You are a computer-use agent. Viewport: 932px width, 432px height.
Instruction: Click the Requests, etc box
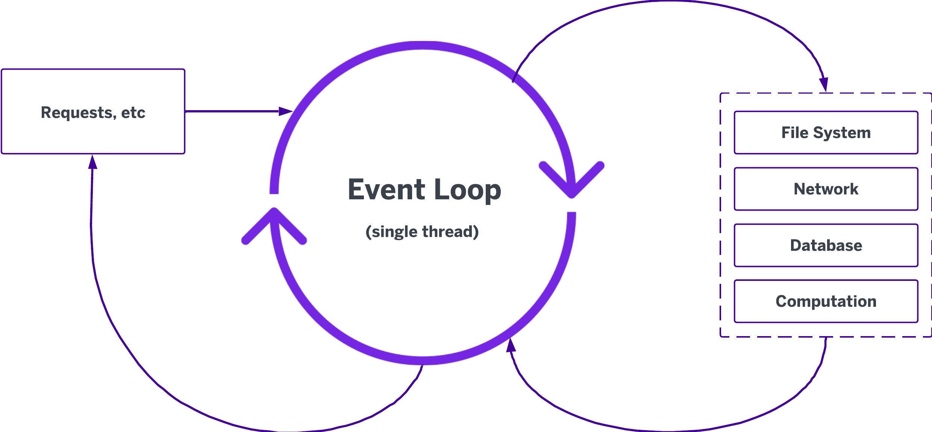pos(93,111)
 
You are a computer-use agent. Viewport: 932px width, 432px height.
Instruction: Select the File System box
pos(826,132)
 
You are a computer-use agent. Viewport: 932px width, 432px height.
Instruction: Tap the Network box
pos(826,189)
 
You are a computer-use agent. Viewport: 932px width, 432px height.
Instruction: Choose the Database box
pos(826,245)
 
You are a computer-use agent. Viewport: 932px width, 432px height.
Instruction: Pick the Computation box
pos(826,301)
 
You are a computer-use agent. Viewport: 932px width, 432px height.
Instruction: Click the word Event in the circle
pos(386,189)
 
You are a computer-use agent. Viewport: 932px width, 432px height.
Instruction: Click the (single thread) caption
pos(422,232)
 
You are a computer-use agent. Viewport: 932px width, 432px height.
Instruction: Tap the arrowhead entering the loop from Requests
pos(286,111)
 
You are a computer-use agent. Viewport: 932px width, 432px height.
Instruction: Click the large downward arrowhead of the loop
pos(571,180)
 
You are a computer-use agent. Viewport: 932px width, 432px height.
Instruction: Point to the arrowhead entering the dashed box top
pos(824,83)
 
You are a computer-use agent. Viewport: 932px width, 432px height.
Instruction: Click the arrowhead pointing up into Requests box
pos(92,162)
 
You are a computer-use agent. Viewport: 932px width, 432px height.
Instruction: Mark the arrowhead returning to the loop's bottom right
pos(511,345)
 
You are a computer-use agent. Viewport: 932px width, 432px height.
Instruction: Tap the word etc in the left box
pos(133,112)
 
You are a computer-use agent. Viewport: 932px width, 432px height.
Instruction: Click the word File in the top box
pos(795,132)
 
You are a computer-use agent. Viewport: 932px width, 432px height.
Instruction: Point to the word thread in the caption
pos(450,232)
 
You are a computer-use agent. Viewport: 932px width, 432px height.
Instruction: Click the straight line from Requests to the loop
pos(233,111)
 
